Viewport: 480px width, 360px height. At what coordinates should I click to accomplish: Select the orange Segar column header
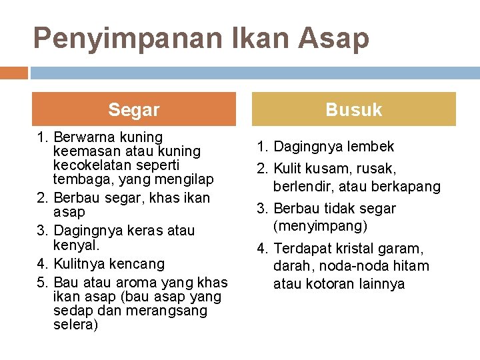(x=134, y=109)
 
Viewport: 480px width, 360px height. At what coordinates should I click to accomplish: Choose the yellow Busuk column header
(x=353, y=109)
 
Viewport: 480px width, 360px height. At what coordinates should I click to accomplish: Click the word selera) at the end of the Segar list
(x=75, y=325)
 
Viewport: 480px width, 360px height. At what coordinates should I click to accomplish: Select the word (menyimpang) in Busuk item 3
(x=321, y=226)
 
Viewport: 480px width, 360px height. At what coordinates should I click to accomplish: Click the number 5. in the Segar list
(x=44, y=283)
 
